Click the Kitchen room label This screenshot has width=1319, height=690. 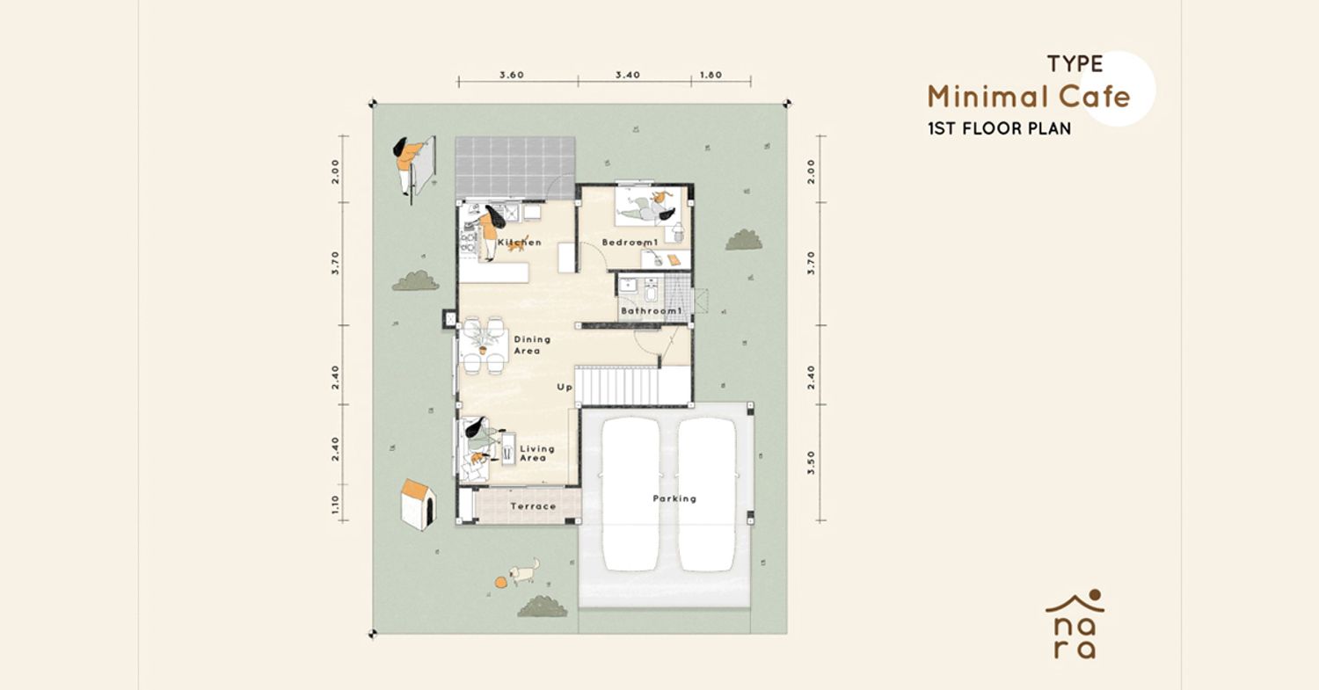520,242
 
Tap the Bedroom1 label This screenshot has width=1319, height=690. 630,242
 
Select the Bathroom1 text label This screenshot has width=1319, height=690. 652,310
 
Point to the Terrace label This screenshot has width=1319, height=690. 533,505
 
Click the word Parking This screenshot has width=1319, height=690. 674,498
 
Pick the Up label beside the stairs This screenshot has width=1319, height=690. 565,387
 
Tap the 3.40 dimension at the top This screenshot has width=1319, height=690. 628,75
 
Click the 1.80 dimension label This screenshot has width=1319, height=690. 711,75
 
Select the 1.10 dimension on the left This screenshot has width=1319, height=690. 335,505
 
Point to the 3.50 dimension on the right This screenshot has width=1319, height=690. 811,463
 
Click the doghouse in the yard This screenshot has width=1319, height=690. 418,505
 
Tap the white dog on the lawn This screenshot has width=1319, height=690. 525,571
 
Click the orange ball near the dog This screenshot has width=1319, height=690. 500,583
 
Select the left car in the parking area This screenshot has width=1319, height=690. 630,494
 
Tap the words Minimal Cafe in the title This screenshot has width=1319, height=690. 1029,98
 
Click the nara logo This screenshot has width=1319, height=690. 1075,624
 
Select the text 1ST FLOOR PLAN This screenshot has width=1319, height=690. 999,128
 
